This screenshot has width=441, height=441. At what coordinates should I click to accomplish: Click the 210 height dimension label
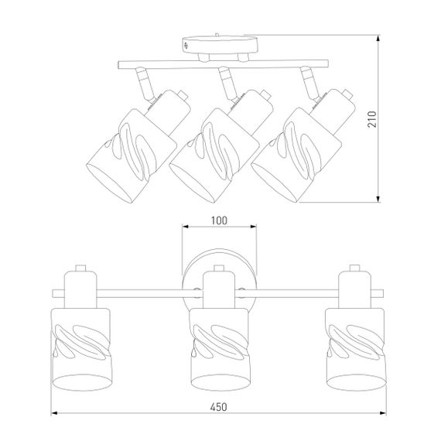372,119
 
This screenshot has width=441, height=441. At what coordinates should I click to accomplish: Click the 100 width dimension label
219,220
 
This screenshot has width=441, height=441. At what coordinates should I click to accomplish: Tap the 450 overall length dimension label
218,407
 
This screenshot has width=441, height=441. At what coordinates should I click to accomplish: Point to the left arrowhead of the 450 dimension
54,413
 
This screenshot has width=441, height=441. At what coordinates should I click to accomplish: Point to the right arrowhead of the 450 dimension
383,413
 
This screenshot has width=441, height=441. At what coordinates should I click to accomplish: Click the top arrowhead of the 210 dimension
378,38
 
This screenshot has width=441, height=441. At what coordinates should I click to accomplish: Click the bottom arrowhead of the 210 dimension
378,199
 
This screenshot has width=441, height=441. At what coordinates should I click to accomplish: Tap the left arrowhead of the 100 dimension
185,226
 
